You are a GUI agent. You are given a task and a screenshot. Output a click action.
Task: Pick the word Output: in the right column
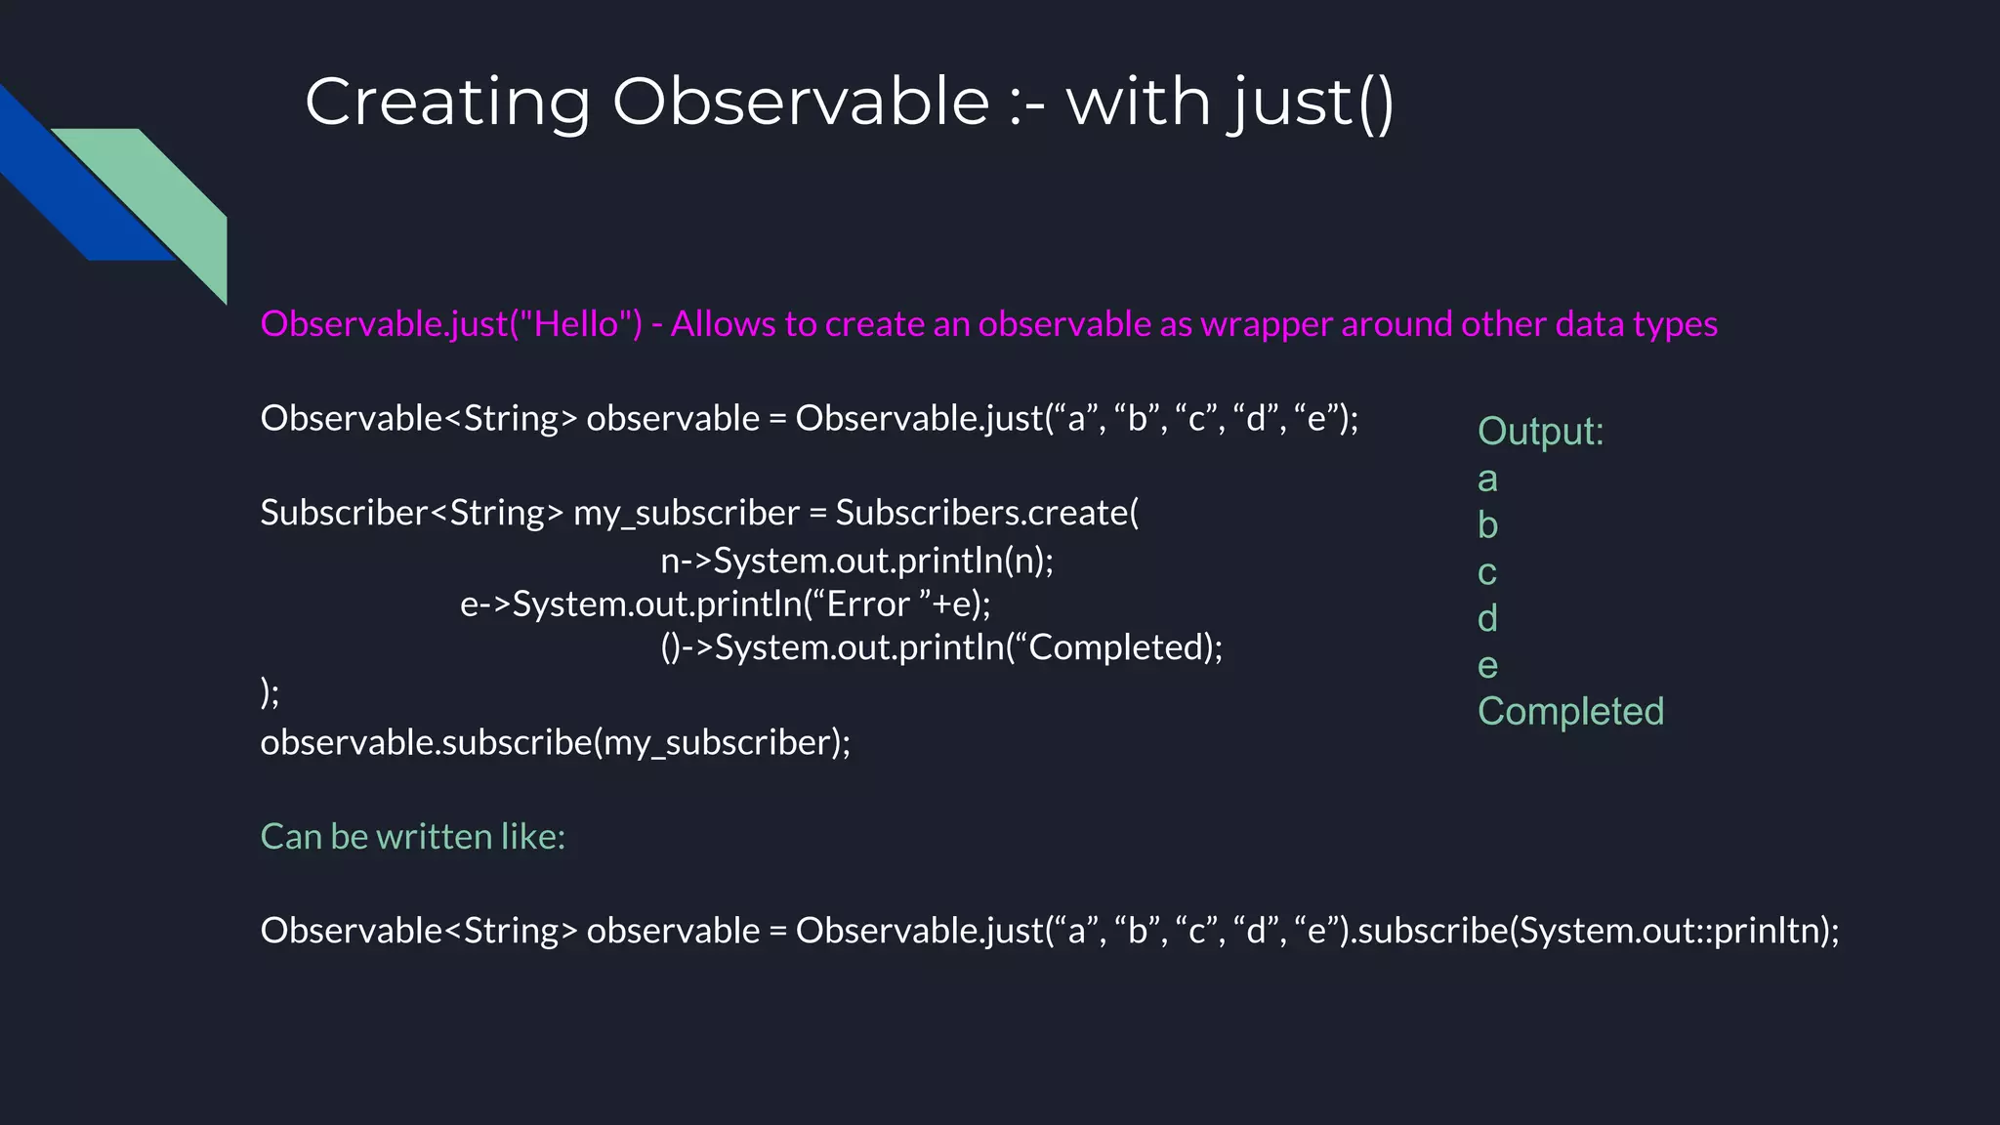(x=1540, y=432)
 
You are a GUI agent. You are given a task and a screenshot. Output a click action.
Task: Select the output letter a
(x=1487, y=479)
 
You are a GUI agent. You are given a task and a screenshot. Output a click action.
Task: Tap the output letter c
(x=1486, y=572)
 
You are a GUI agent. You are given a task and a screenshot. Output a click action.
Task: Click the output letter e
(x=1487, y=666)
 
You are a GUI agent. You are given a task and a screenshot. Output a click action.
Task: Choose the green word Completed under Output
(x=1570, y=712)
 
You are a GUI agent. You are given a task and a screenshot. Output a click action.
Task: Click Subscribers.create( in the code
(x=986, y=513)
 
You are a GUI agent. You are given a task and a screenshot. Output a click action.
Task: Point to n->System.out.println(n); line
(x=856, y=561)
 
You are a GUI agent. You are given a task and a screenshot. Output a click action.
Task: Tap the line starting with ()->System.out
(x=940, y=647)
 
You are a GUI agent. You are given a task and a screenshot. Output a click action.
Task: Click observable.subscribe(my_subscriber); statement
(x=555, y=742)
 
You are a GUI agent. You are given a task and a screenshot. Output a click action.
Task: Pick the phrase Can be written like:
(x=412, y=837)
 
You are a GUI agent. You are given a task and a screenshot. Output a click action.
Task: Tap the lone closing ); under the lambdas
(x=270, y=692)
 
